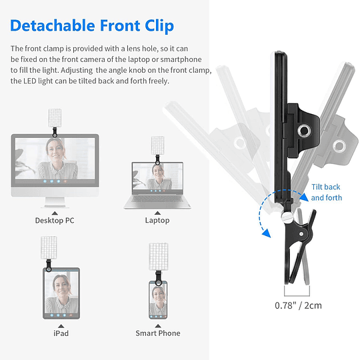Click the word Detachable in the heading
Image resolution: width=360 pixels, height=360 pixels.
coord(53,26)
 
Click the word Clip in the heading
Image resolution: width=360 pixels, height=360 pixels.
coord(157,26)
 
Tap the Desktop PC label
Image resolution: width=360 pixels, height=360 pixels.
coord(55,220)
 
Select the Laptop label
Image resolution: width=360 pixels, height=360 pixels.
coord(157,220)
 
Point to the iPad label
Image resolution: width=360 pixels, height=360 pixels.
coord(60,333)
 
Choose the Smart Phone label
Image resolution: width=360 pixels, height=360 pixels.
coord(158,333)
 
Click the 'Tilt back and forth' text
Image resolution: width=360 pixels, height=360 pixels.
coord(326,193)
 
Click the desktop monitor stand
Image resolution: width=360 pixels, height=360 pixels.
coord(55,200)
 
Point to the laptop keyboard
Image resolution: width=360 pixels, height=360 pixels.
coord(158,200)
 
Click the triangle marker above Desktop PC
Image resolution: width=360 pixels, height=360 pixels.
coord(55,211)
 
